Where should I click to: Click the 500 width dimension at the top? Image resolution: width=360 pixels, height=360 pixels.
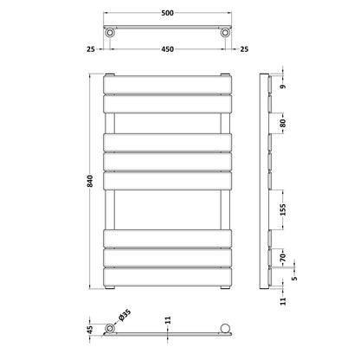pyautogui.click(x=167, y=13)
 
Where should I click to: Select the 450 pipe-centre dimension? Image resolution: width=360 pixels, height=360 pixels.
pyautogui.click(x=167, y=49)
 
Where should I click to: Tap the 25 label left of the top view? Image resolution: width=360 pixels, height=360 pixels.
pyautogui.click(x=91, y=49)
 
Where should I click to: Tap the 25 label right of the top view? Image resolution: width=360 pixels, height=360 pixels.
pyautogui.click(x=244, y=49)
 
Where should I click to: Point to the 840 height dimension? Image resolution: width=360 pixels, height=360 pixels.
pyautogui.click(x=90, y=181)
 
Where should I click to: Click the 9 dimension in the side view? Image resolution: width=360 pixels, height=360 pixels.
pyautogui.click(x=283, y=87)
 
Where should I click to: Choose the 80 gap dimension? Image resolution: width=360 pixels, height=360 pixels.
pyautogui.click(x=283, y=123)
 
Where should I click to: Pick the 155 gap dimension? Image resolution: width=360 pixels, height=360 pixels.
pyautogui.click(x=283, y=209)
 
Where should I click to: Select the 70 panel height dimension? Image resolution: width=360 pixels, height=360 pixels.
pyautogui.click(x=283, y=257)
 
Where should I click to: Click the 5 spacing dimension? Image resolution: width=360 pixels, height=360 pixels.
pyautogui.click(x=294, y=279)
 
